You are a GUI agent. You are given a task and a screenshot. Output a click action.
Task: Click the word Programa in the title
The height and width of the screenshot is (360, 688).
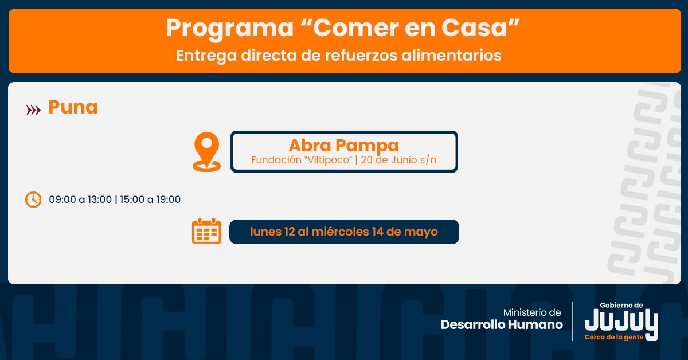230,29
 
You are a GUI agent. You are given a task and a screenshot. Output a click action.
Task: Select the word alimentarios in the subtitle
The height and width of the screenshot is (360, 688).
451,55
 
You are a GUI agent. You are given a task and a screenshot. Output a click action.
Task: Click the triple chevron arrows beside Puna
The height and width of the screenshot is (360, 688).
33,110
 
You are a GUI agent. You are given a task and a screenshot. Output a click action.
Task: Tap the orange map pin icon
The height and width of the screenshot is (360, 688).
207,151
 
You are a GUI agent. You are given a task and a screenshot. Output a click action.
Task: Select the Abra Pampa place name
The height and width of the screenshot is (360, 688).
343,145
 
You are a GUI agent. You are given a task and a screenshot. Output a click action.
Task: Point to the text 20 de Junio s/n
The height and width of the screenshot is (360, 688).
398,160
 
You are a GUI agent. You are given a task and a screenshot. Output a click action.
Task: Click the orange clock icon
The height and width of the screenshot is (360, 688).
33,199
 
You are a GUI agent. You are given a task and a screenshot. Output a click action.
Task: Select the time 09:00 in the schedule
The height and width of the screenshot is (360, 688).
62,199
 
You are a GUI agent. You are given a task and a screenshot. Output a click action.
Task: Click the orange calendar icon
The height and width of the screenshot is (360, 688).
206,230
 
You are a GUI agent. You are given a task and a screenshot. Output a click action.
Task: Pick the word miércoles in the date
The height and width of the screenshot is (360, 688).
341,232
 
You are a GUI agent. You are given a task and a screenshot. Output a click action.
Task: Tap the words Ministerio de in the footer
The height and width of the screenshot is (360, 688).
532,312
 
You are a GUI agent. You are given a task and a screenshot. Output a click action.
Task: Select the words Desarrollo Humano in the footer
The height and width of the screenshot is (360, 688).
502,324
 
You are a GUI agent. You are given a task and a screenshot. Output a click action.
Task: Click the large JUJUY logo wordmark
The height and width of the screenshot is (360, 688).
621,323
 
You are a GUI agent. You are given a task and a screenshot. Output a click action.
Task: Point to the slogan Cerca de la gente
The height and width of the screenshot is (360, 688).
614,337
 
